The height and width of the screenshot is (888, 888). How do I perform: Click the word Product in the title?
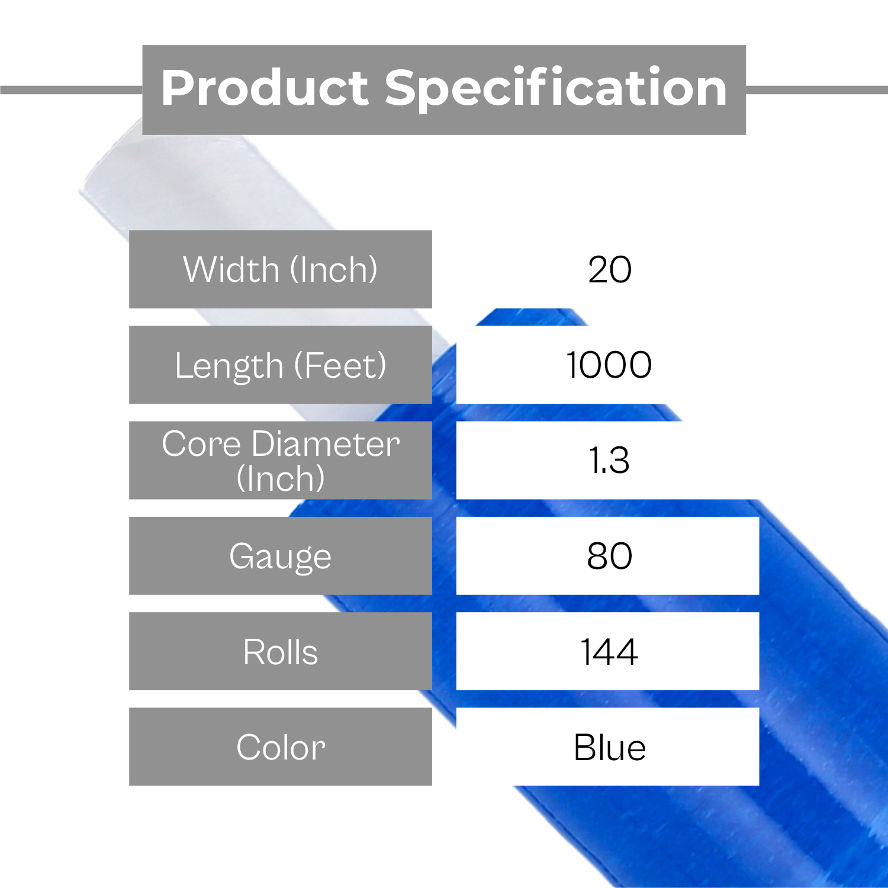pyautogui.click(x=265, y=88)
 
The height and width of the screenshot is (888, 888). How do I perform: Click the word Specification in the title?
pyautogui.click(x=556, y=89)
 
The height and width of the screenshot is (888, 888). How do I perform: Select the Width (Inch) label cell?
pyautogui.click(x=281, y=269)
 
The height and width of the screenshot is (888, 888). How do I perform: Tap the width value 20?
pyautogui.click(x=610, y=270)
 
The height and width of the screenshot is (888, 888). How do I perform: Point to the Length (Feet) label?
pyautogui.click(x=281, y=365)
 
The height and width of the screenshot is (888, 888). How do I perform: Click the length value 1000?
pyautogui.click(x=609, y=365)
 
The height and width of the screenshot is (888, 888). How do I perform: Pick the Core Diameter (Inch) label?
pyautogui.click(x=281, y=460)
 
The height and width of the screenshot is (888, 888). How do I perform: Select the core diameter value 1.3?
pyautogui.click(x=609, y=460)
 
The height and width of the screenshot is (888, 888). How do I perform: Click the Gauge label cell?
pyautogui.click(x=281, y=556)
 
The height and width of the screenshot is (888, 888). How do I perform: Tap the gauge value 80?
pyautogui.click(x=609, y=556)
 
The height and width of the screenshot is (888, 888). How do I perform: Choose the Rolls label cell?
pyautogui.click(x=281, y=651)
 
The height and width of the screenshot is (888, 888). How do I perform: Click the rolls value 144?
pyautogui.click(x=609, y=652)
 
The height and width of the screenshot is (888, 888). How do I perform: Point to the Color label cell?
pyautogui.click(x=281, y=747)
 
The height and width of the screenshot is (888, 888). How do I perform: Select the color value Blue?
pyautogui.click(x=609, y=747)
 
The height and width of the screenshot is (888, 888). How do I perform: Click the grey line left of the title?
pyautogui.click(x=71, y=90)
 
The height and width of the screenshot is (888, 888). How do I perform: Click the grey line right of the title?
pyautogui.click(x=817, y=90)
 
